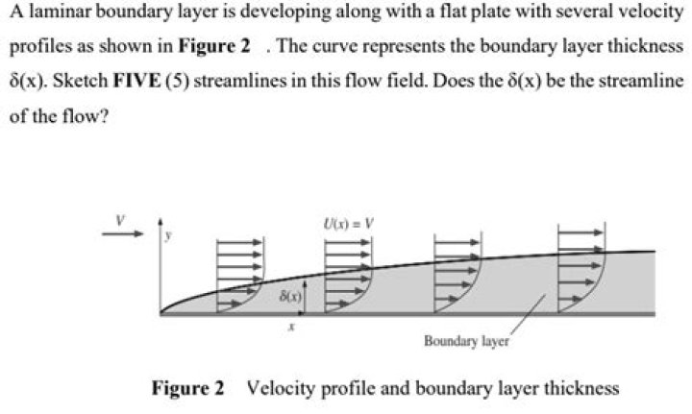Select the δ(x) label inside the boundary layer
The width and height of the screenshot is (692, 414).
pos(292,298)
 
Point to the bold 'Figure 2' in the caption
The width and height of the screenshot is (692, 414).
pos(187,388)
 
